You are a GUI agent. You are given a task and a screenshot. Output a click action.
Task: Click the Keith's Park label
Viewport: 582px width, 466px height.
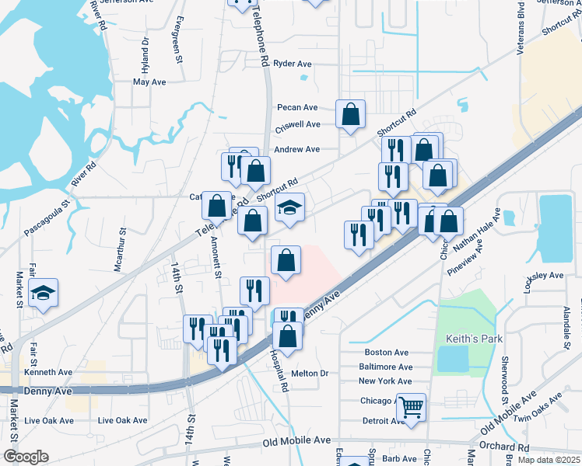coord(474,339)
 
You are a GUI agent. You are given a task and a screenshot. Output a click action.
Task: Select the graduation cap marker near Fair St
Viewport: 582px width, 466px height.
coord(44,293)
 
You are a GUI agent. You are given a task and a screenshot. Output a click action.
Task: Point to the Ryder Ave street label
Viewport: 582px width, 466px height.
coord(293,64)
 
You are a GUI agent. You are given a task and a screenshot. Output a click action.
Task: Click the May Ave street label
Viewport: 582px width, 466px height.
coord(149,82)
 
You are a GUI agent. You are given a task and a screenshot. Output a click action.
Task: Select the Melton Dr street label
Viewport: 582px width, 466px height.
coord(310,374)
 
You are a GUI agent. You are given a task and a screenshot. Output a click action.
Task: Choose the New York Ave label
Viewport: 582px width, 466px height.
coord(385,381)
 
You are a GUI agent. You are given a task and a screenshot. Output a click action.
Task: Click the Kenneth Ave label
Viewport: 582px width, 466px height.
coord(47,373)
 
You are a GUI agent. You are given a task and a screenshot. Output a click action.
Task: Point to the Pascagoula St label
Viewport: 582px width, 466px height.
coord(47,209)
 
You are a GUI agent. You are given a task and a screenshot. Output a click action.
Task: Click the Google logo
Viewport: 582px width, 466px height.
coord(25,457)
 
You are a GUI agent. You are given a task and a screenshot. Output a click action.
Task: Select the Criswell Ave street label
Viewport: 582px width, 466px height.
coord(298,124)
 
